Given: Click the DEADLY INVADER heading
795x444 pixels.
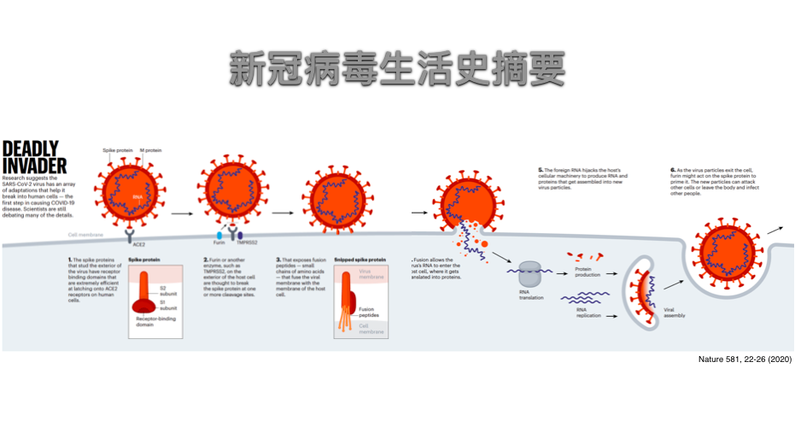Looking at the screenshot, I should pos(30,155).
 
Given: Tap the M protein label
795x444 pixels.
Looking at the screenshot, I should pos(151,150).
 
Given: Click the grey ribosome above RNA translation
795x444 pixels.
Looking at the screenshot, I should pos(530,273).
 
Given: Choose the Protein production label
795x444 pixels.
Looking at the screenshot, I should pos(588,272).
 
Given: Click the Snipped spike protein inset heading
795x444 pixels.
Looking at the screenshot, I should pos(360,259).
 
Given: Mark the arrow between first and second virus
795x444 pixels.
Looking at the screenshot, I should pos(182,212).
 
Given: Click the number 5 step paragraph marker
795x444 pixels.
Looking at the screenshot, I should pos(541,169).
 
